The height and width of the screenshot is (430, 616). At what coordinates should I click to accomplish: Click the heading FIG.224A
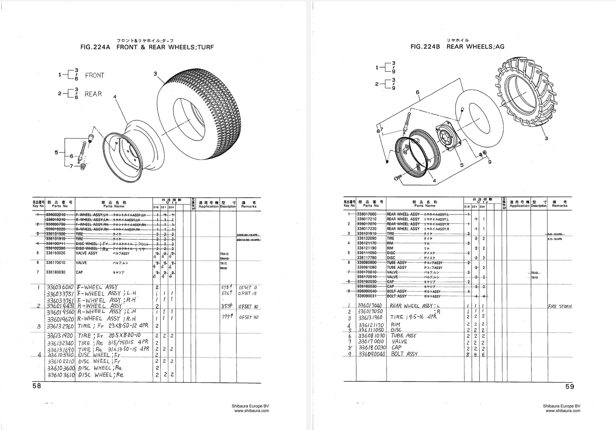pos(95,47)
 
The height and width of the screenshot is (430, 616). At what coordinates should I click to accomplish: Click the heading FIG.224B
pos(425,47)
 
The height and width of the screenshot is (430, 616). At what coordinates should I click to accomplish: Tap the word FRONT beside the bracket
pos(95,76)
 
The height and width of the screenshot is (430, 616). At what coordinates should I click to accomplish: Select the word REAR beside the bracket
pos(93,94)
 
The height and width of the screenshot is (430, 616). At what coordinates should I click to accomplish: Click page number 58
pos(37,386)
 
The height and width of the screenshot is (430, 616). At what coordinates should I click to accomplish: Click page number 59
pos(570,387)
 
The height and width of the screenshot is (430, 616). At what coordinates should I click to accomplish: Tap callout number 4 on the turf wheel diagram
pos(115,97)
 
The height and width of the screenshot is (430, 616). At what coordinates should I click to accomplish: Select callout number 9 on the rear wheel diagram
pos(490,162)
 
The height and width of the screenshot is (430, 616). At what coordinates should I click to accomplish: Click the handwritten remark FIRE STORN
pos(560,306)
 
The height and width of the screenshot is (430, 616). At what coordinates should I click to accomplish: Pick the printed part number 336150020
pos(56,253)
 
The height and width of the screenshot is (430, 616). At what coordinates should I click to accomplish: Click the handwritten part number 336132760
pos(60,326)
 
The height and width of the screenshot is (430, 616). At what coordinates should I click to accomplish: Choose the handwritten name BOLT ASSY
pos(404,354)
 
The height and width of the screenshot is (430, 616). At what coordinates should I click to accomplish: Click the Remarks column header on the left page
pos(248,205)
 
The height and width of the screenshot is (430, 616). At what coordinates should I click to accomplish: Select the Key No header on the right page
pos(349,204)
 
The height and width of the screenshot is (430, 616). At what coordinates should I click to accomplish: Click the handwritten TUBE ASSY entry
pos(404,336)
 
